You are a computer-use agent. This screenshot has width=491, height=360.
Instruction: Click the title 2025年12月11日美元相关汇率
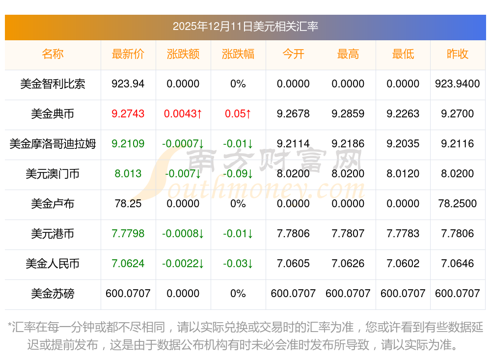[x=245, y=26]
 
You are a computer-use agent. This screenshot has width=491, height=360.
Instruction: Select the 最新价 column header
[x=128, y=54]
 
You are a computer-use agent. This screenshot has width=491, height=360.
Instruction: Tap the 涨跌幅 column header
[x=238, y=54]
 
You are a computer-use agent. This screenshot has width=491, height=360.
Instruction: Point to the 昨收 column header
[x=458, y=54]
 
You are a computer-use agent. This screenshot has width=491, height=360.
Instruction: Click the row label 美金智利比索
[x=53, y=84]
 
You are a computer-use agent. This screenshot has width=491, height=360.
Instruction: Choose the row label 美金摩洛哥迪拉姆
[x=53, y=144]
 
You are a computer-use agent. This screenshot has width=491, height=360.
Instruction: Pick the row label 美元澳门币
[x=53, y=174]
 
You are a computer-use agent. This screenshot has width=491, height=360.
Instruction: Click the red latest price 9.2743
[x=128, y=114]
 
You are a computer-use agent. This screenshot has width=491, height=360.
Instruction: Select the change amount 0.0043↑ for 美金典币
[x=183, y=114]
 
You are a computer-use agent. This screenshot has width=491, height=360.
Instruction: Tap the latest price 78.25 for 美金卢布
[x=128, y=204]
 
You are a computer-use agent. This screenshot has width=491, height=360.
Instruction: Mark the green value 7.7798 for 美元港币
[x=128, y=234]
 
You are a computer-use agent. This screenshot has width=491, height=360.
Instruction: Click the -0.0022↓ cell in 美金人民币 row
[x=183, y=264]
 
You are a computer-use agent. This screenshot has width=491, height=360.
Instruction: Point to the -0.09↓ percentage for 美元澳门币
[x=238, y=174]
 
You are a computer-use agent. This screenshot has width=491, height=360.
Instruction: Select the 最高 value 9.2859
[x=348, y=114]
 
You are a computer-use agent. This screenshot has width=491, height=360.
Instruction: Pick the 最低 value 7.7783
[x=403, y=234]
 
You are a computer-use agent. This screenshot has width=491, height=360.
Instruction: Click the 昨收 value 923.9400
[x=458, y=84]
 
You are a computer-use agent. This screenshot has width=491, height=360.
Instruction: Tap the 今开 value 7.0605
[x=293, y=264]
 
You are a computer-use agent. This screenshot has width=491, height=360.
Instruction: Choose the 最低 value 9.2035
[x=403, y=144]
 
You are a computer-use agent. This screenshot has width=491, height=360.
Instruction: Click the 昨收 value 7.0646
[x=458, y=264]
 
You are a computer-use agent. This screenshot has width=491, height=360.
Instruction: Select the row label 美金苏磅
[x=53, y=294]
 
